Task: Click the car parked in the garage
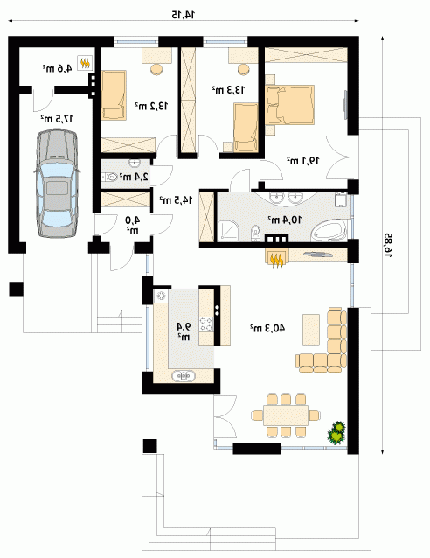click(57, 184)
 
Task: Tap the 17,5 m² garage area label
click(57, 118)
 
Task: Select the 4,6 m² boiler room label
click(58, 67)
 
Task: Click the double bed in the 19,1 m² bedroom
click(290, 105)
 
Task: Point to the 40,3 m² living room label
click(267, 328)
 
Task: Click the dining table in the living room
click(286, 415)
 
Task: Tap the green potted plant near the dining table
click(336, 432)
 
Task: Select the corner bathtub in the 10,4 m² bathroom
click(329, 230)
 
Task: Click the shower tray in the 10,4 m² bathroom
click(228, 231)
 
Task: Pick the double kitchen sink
click(184, 376)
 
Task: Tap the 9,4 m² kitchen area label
click(184, 331)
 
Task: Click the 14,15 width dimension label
click(184, 15)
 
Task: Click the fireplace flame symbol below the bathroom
click(277, 259)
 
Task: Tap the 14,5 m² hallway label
click(176, 200)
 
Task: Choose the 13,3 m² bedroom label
click(228, 90)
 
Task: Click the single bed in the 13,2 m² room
click(114, 94)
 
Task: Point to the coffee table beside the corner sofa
click(311, 330)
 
